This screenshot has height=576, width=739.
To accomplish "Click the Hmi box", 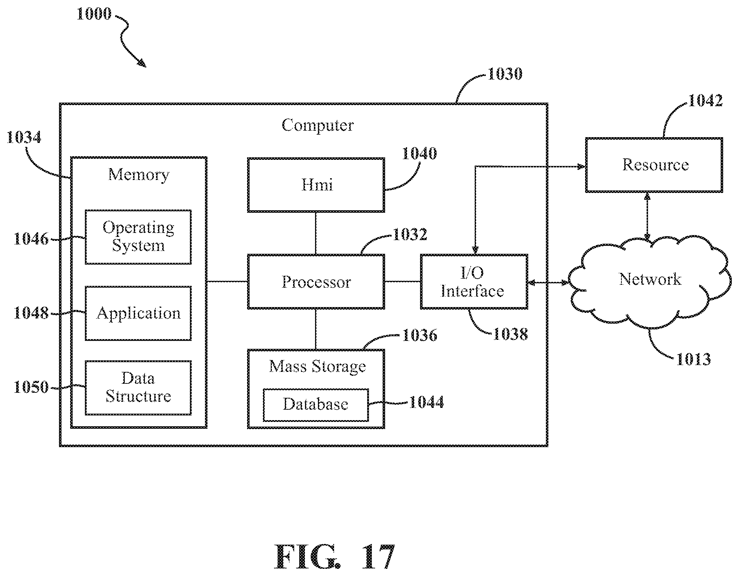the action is point(316,185).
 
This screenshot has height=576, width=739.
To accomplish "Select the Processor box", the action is point(316,282).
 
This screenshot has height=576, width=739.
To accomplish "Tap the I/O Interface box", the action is point(474,282).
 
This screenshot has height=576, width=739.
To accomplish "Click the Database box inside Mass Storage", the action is point(316,405).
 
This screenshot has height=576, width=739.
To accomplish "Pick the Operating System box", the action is point(138,237).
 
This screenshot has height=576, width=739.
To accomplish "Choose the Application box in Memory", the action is point(138,313).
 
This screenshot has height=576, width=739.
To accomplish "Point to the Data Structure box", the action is point(138,388).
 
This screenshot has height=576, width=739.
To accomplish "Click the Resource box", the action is point(654,165).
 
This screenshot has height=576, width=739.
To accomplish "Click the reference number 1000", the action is point(94,14).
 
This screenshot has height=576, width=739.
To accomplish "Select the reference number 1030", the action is point(505,74).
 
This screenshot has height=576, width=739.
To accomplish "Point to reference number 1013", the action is point(693,359).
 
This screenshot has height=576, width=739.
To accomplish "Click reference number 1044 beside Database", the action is point(426,402).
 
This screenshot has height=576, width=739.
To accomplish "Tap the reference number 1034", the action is point(24,138).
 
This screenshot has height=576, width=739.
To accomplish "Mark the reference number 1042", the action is point(705,101).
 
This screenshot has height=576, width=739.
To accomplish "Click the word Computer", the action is point(318,126).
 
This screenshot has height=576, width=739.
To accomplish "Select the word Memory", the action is point(139,175).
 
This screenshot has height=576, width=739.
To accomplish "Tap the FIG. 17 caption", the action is point(334,557).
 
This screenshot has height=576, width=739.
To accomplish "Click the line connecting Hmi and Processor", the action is point(316,233).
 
